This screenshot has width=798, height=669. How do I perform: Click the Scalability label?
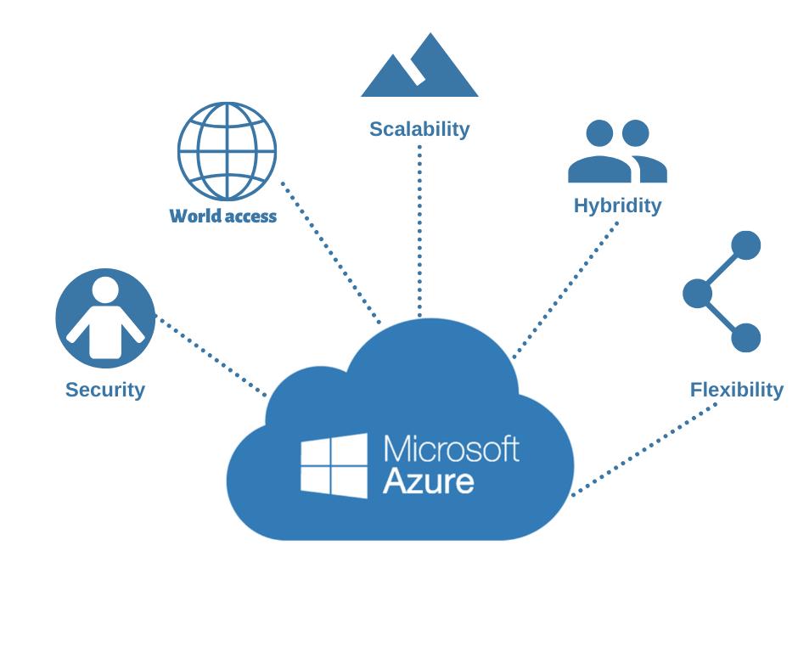[419, 129]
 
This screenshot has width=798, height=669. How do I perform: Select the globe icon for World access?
[227, 151]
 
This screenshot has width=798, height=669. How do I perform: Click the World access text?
[223, 216]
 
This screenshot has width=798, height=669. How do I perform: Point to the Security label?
[105, 390]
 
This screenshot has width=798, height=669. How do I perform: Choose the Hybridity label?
[617, 205]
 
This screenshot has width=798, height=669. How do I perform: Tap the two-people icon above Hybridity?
[617, 153]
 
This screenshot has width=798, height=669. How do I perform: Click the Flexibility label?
[736, 390]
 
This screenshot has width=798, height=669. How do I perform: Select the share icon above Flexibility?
[722, 292]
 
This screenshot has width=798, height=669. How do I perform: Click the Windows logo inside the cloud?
[334, 465]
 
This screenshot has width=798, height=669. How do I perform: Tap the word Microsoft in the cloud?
[451, 448]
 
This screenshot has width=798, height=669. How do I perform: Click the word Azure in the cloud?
[428, 481]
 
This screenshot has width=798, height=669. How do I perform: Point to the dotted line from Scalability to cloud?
[419, 229]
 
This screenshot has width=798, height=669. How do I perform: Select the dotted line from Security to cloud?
[212, 357]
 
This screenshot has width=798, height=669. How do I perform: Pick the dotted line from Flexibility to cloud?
[645, 449]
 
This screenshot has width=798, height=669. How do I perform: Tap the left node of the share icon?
[697, 293]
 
